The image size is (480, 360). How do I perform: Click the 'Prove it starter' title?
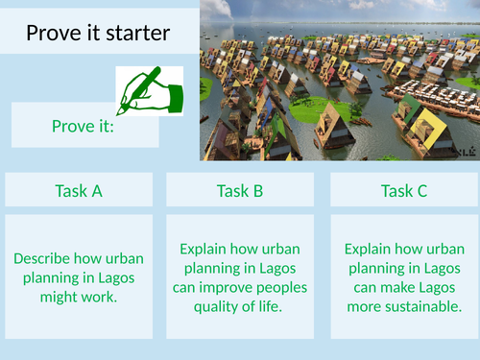[x=98, y=35]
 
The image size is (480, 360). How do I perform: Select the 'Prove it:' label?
[x=83, y=126]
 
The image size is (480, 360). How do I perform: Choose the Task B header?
[x=240, y=190]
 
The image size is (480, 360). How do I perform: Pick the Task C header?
[x=403, y=190]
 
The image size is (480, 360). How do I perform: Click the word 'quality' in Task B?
[x=210, y=305]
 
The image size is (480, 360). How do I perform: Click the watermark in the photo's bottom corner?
[x=465, y=152]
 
